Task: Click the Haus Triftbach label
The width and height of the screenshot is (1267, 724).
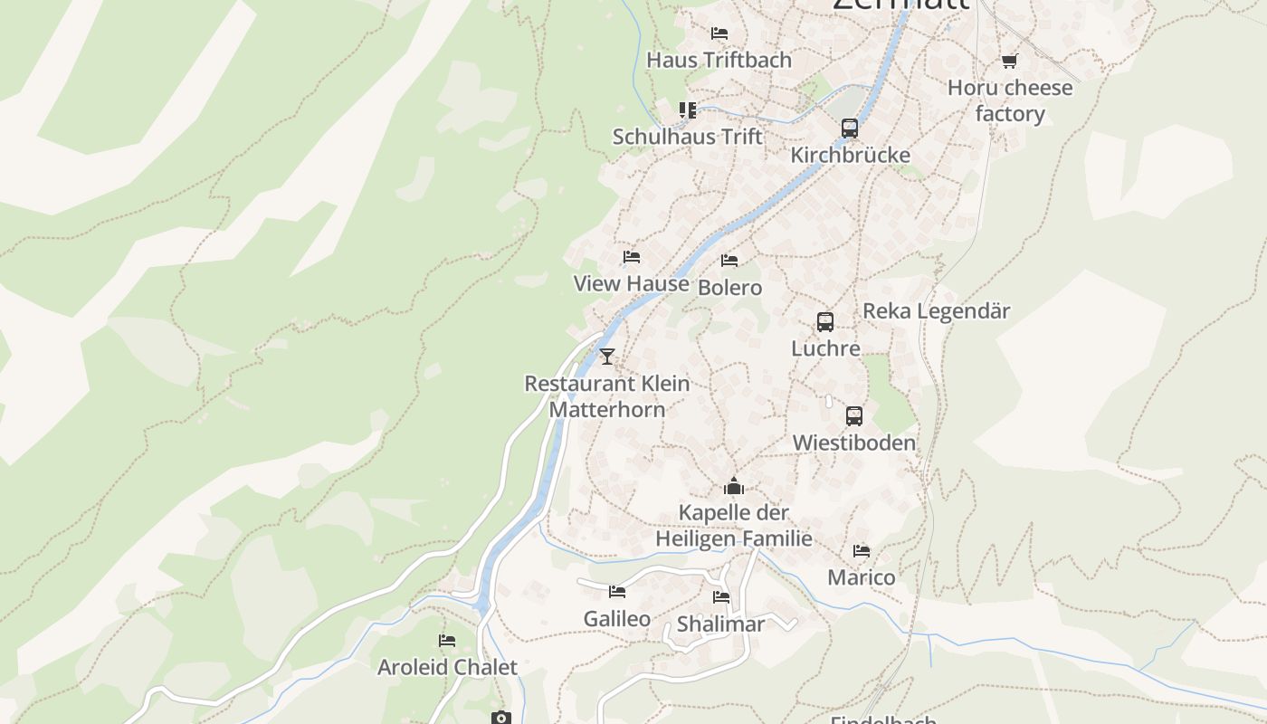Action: tap(719, 60)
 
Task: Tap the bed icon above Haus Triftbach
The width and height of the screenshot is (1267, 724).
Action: tap(719, 33)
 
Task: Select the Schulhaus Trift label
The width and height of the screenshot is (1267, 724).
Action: tap(688, 137)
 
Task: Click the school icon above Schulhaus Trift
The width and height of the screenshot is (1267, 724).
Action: tap(688, 110)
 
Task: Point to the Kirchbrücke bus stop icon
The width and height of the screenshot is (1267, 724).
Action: tap(849, 129)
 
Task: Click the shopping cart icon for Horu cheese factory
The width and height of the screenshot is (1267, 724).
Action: tap(1009, 61)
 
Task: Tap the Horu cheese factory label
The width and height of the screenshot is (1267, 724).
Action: tap(1010, 100)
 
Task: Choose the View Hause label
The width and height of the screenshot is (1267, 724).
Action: tap(631, 283)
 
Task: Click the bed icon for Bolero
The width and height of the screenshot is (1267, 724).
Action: tap(729, 261)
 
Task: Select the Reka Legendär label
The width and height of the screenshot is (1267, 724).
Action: tap(936, 310)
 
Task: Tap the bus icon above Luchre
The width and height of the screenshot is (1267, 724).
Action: tap(825, 322)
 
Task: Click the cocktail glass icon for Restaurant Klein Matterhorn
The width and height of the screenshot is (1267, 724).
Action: tap(607, 357)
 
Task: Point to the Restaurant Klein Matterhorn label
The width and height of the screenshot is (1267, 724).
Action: tap(607, 396)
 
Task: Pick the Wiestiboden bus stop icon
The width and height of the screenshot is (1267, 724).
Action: tap(854, 416)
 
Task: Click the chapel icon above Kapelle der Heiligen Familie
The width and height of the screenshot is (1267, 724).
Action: tap(734, 486)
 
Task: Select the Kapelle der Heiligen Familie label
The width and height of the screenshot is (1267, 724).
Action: tap(734, 526)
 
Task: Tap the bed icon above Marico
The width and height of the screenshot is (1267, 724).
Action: tap(862, 550)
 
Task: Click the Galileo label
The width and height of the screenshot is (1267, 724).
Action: tap(616, 619)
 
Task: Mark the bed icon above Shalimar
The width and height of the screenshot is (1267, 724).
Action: tap(721, 597)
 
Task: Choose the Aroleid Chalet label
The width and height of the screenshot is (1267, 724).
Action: tap(447, 668)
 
